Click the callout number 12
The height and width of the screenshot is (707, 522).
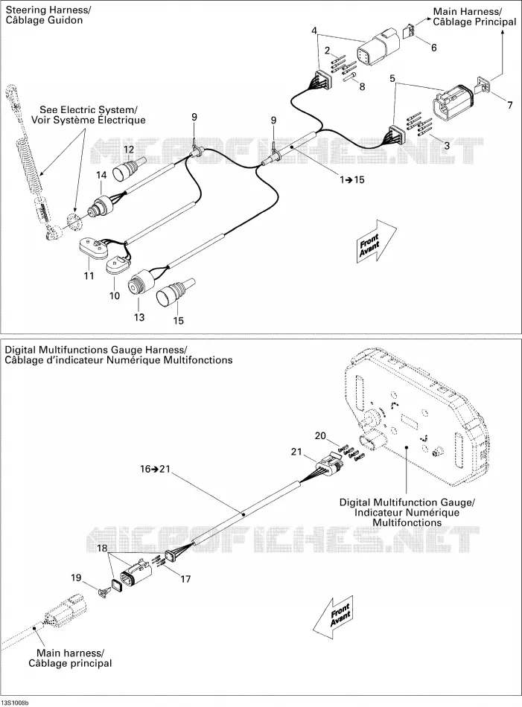129,150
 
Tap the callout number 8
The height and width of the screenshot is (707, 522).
363,86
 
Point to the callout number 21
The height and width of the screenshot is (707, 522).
296,451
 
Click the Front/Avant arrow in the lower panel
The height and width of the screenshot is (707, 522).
333,617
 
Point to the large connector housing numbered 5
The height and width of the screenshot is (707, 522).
452,100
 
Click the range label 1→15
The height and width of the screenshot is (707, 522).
352,180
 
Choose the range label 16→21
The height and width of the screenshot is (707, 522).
155,470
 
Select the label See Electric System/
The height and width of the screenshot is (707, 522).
89,109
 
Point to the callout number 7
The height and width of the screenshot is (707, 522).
510,105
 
